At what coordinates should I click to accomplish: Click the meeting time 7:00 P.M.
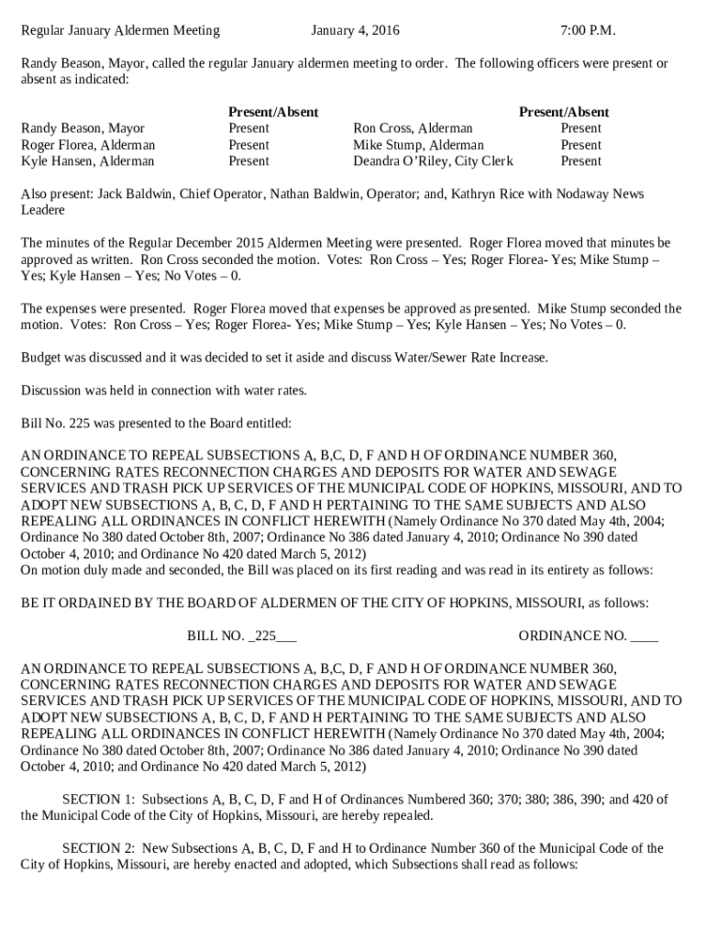point(587,30)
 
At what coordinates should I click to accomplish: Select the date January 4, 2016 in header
point(355,30)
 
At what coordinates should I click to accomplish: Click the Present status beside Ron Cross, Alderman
point(580,128)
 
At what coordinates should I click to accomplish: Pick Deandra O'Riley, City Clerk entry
point(433,161)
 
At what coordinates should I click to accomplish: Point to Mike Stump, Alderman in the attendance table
point(418,145)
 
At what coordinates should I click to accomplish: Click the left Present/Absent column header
point(272,112)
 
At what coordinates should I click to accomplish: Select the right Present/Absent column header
point(563,112)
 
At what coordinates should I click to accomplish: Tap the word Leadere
point(43,211)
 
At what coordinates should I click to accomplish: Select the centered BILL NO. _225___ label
point(241,635)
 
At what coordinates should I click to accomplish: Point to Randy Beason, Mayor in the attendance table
point(83,128)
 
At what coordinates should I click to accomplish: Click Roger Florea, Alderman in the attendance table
point(88,145)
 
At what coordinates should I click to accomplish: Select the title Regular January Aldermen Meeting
point(120,30)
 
